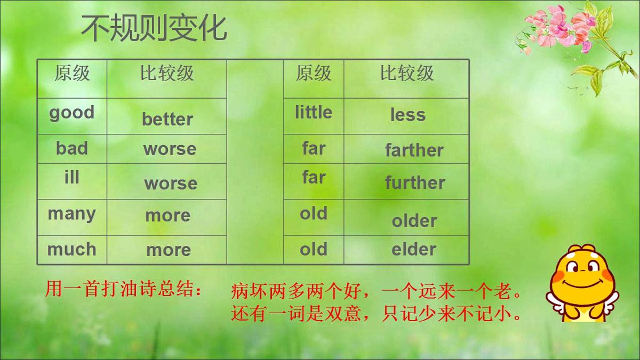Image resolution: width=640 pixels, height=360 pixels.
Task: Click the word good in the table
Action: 71,113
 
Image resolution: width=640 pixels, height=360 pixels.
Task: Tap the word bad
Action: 71,148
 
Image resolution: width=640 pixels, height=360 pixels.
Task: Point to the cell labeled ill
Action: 71,178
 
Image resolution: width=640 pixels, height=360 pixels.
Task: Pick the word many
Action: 71,214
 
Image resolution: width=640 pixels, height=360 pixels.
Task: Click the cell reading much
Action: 71,250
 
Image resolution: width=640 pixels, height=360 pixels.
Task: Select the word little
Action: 313,113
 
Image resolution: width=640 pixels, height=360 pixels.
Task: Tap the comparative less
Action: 407,115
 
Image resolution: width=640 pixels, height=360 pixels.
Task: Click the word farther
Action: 414,150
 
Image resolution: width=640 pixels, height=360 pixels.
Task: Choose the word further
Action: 414,183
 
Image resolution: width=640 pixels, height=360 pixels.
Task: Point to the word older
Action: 414,221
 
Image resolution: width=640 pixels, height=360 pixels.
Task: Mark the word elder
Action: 413,250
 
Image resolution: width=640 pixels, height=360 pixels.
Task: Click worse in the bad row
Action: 169,149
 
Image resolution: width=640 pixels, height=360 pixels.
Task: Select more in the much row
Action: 168,250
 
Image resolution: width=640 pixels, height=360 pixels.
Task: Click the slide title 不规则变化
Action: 154,29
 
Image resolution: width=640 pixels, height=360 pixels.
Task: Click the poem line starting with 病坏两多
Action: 376,292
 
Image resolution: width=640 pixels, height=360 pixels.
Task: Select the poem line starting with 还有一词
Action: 376,314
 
